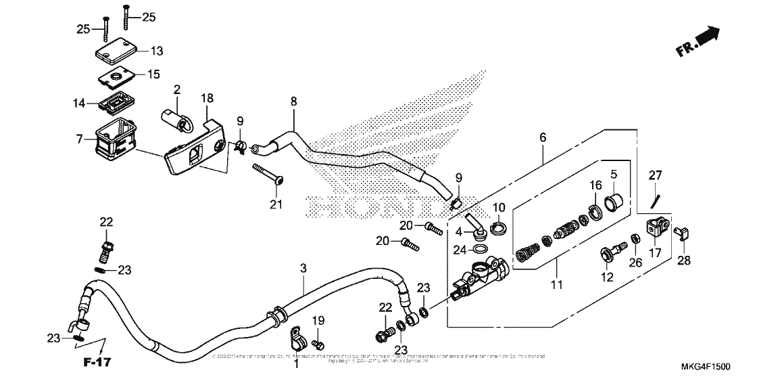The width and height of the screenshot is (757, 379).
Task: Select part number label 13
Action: coord(156,51)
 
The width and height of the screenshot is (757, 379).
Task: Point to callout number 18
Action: coord(206,99)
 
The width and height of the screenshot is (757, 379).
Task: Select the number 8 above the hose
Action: coord(293,102)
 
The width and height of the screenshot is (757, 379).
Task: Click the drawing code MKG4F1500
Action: coord(706,366)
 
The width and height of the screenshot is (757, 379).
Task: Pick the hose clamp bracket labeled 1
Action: coord(295,335)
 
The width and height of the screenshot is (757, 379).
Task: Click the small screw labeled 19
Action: coord(320,345)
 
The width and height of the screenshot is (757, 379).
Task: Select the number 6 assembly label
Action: coord(542,137)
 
